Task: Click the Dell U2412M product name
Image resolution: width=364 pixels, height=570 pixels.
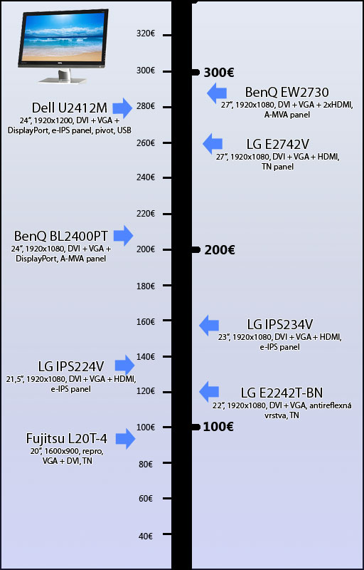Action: coord(70,108)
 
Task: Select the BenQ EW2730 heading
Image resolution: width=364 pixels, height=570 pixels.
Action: coord(287,93)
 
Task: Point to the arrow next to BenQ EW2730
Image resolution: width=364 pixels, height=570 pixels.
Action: coord(217,93)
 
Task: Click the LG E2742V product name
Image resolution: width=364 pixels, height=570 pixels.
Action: coord(278,145)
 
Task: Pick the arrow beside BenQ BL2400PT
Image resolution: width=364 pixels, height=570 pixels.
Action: coord(123,236)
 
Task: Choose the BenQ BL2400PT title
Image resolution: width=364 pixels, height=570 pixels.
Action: coord(61,236)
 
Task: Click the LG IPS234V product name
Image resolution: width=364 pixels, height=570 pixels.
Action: coord(280,323)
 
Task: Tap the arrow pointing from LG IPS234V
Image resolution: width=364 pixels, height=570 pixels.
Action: coord(209,326)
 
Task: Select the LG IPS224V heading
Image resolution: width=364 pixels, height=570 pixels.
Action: coord(71,365)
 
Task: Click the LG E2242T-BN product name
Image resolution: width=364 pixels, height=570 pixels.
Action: coord(282,393)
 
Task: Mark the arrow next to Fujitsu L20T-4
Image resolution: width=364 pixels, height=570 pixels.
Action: coord(125,439)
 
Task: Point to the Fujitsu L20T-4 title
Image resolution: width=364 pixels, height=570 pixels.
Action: coord(66,438)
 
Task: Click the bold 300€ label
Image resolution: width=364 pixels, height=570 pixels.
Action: coord(219,73)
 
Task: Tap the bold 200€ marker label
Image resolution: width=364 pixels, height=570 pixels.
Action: coord(220,250)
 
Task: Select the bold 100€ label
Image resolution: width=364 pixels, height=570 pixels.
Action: coord(218,427)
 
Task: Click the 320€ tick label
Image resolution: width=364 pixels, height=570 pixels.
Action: coord(146,33)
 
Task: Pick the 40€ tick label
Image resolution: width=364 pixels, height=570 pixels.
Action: coord(146,536)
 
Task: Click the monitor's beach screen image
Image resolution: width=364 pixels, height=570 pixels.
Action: coord(63,37)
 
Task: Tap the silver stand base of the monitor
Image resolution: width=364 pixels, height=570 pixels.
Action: coord(63,80)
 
